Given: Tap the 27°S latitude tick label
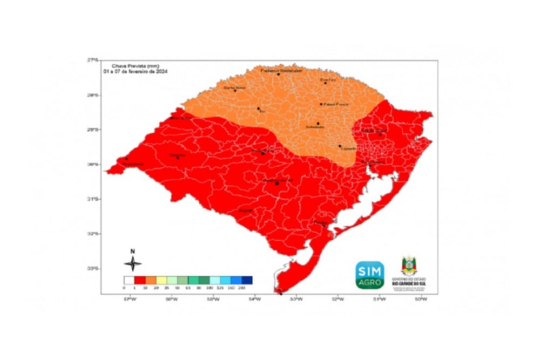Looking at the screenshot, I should point(95,60).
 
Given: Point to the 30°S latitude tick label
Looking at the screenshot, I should point(95,164).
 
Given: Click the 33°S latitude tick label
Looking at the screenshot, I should point(95,268).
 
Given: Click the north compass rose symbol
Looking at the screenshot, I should point(133,263).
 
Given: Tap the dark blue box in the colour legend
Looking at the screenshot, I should point(247,280).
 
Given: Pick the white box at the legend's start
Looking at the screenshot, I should point(129,280).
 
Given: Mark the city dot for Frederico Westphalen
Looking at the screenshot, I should point(279,74).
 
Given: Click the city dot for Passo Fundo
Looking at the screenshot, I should point(321,104).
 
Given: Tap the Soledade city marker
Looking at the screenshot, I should point(318,124).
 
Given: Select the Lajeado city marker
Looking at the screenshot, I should point(340,146).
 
